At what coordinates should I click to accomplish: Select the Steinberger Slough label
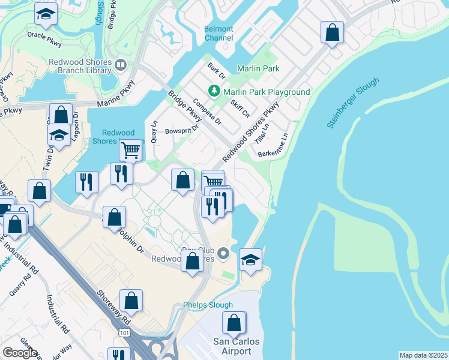tap(354, 103)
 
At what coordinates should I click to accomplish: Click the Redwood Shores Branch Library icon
tap(121, 64)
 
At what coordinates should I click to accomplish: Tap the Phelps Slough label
tap(208, 304)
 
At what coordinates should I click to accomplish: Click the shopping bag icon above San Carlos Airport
tap(234, 322)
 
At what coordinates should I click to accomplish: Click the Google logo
tap(20, 353)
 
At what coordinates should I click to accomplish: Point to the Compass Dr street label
tap(208, 112)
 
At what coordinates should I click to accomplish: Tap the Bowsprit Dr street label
tap(181, 130)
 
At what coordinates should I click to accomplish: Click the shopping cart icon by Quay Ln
tap(130, 149)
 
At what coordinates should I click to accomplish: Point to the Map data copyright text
tap(423, 355)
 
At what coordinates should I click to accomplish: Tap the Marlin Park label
tap(258, 68)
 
